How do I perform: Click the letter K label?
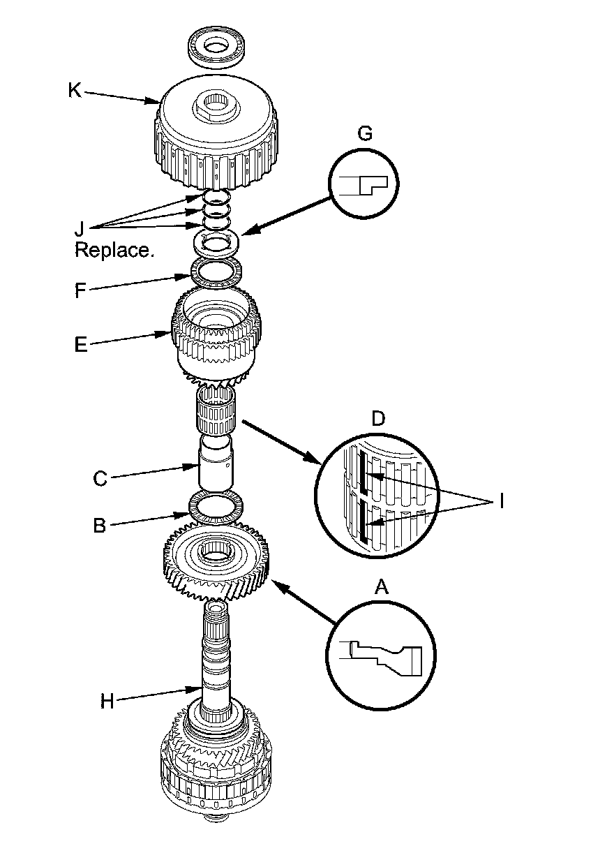(74, 90)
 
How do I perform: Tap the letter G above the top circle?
(364, 133)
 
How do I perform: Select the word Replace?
(114, 250)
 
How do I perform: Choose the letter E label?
(81, 344)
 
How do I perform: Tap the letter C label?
(99, 479)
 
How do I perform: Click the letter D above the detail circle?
(377, 420)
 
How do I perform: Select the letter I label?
(500, 501)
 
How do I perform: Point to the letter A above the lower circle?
(381, 588)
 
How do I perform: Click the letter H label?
(106, 701)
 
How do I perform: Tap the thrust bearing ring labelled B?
(216, 507)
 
